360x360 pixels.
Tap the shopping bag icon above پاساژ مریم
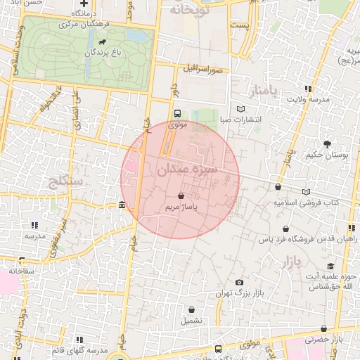(181, 195)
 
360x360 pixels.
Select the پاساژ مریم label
(181, 208)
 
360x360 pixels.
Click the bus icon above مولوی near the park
(176, 112)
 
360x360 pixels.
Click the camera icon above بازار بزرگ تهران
(239, 282)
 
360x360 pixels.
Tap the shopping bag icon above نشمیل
(191, 309)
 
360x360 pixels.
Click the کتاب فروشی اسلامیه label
(307, 202)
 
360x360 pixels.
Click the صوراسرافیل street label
(205, 70)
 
